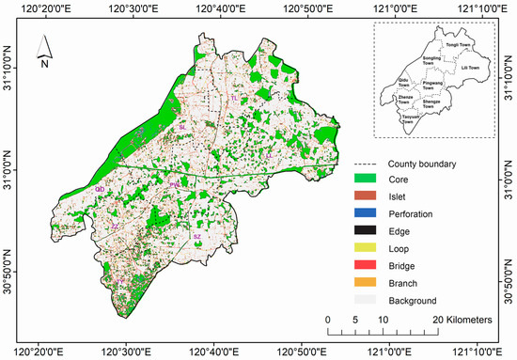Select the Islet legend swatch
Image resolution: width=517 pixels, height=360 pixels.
click(x=365, y=197)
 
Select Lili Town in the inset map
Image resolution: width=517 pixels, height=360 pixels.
click(x=467, y=69)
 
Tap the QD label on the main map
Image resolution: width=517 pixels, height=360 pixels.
click(x=99, y=189)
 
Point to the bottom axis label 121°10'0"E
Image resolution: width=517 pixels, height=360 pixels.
click(x=479, y=351)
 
